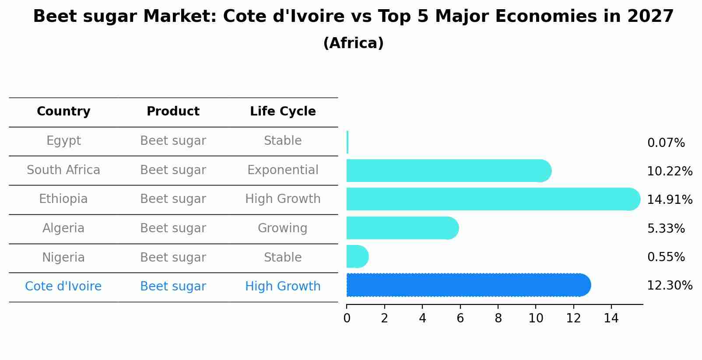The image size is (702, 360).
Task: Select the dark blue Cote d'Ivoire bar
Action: (468, 285)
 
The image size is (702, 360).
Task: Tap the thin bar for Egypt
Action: (347, 142)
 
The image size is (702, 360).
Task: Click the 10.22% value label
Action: (669, 171)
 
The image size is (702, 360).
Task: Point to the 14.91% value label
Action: (669, 200)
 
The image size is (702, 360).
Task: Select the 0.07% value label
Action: (666, 143)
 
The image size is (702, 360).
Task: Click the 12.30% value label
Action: (669, 286)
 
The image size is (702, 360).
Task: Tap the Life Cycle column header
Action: (283, 112)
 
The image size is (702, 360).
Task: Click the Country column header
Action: (63, 112)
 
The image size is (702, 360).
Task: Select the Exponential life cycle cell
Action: (283, 170)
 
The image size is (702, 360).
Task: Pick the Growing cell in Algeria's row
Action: (282, 228)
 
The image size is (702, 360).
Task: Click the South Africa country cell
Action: (63, 170)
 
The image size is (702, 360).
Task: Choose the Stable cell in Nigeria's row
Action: (282, 258)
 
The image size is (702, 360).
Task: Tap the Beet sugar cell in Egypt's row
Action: (173, 141)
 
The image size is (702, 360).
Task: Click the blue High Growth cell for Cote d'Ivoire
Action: (283, 287)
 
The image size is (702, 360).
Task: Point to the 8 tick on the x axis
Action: (498, 318)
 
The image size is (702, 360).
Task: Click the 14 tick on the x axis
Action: (611, 318)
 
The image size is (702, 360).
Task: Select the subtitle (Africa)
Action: (353, 43)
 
